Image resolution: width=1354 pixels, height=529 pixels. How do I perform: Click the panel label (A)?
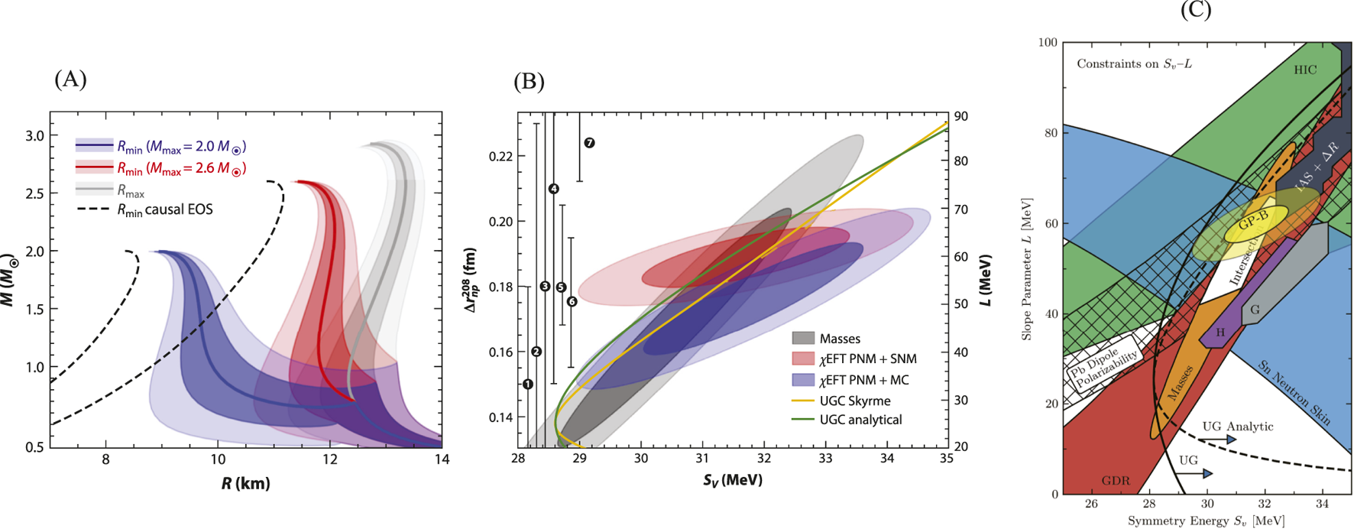[70, 79]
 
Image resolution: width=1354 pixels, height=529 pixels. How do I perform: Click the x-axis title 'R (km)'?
[246, 483]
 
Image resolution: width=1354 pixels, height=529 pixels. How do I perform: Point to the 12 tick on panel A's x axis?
[329, 459]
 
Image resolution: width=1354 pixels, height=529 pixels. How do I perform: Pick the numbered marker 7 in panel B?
[589, 143]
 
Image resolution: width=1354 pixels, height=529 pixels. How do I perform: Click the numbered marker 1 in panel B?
[528, 384]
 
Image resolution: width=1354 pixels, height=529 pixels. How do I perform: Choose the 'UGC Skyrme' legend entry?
[854, 400]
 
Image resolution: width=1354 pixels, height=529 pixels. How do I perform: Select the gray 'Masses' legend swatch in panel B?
[802, 338]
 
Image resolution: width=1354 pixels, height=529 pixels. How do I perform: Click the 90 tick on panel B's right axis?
[961, 116]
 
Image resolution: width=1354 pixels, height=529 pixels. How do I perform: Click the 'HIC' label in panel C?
[1305, 70]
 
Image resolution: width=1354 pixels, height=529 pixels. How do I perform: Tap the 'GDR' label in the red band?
[1116, 481]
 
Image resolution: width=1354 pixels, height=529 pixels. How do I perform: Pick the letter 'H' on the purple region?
[1220, 333]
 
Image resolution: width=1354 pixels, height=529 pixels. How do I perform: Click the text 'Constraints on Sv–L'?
[1134, 63]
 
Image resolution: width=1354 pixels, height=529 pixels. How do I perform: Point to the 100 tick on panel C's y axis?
[1048, 42]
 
